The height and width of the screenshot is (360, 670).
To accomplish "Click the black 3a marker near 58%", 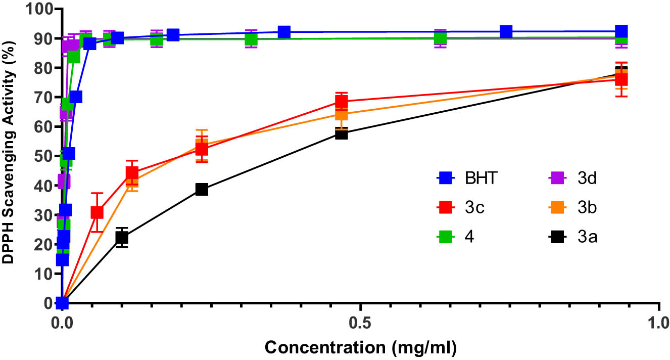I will tap(342, 133).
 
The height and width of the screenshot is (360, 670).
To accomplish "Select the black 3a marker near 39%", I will tap(202, 189).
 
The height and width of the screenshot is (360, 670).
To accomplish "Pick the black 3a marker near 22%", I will tap(121, 238).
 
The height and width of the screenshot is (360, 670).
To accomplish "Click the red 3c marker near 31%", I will tap(97, 212).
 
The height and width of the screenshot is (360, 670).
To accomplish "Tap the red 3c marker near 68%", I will tap(342, 101).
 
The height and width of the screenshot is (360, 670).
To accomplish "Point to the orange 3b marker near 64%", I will tap(342, 114).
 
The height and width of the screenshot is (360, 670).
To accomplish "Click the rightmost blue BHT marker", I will tap(621, 31).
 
